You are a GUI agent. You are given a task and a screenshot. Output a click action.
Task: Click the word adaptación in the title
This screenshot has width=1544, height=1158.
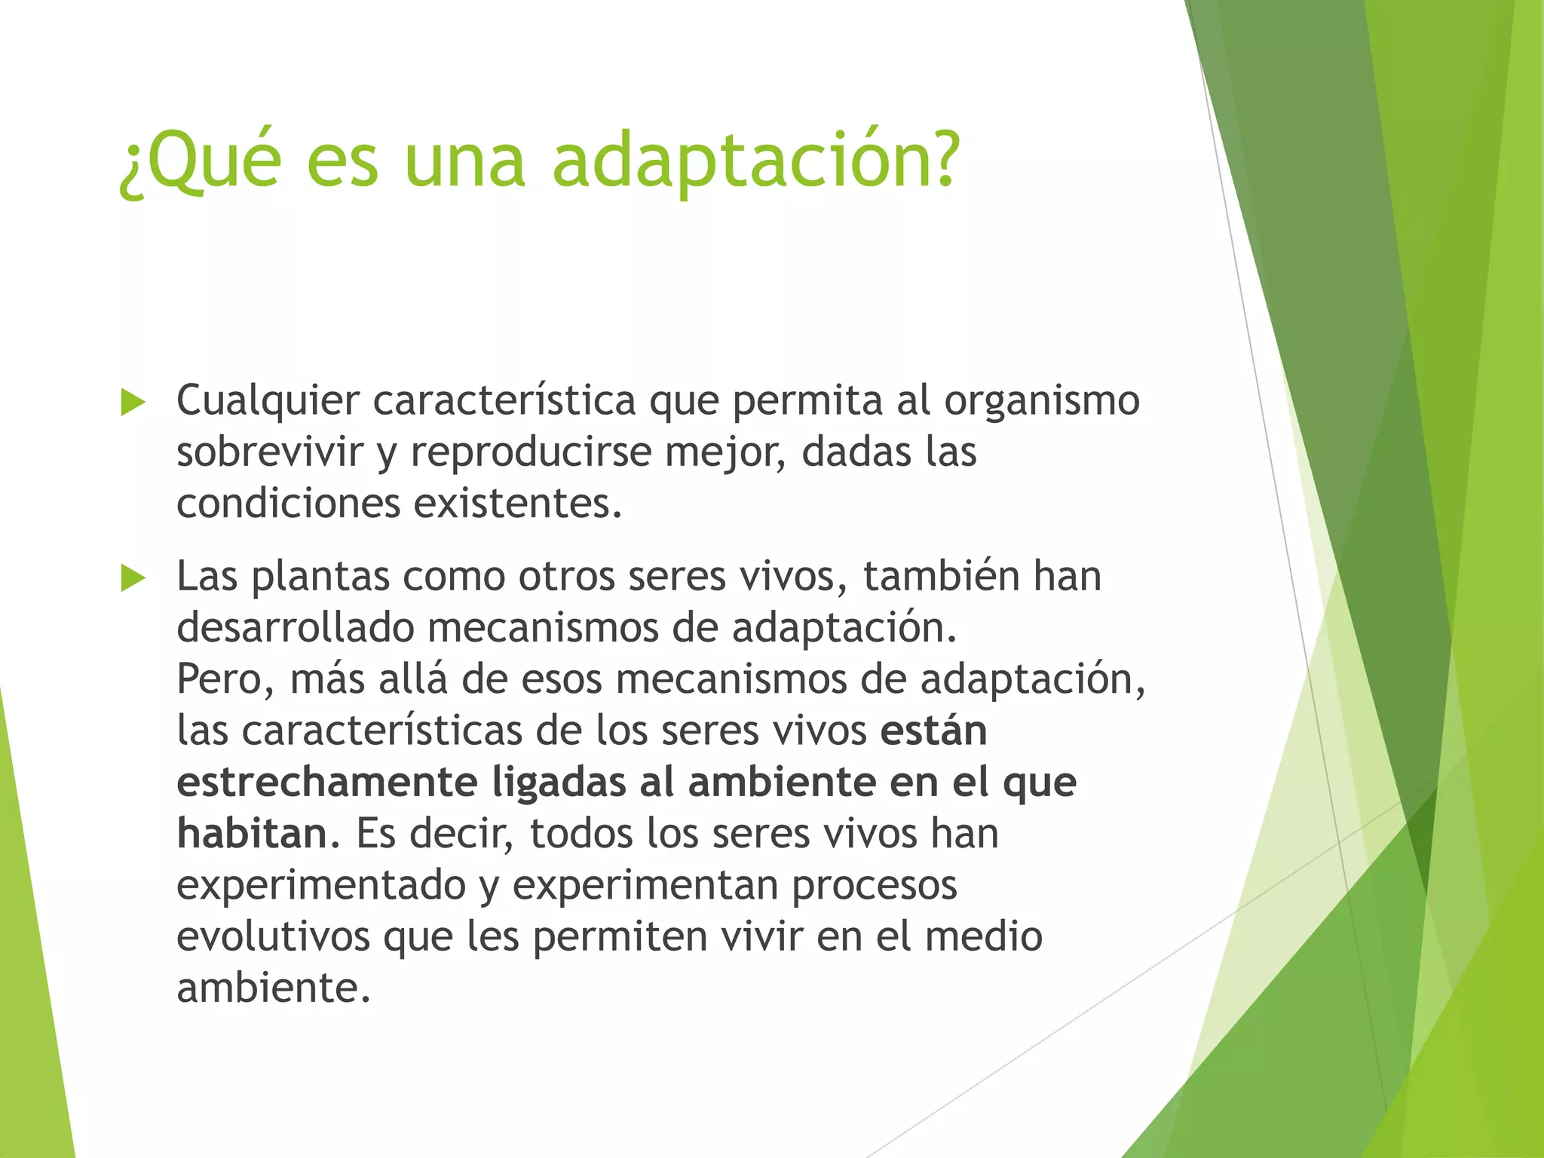pos(756,161)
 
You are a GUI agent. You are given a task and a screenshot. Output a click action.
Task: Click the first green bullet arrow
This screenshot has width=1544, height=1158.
pos(133,403)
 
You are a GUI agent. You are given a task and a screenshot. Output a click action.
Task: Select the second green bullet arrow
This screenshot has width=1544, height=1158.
pos(133,578)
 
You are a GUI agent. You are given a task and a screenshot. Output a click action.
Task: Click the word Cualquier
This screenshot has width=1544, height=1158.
pos(268,401)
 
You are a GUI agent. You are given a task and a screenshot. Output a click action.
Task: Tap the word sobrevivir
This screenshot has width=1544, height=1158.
pos(270,452)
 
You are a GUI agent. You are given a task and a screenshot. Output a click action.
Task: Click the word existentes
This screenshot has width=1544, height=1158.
pos(517,503)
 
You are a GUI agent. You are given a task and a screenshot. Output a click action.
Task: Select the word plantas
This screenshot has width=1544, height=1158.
pos(320,577)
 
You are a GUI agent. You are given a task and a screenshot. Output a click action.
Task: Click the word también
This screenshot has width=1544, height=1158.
pos(941,577)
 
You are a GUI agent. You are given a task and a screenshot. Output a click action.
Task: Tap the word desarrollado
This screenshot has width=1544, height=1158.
pos(296,628)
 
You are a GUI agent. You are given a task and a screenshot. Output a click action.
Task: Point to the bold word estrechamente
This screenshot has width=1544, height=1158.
pos(326,782)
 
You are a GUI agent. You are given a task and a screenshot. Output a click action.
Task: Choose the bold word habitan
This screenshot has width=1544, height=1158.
pos(252,834)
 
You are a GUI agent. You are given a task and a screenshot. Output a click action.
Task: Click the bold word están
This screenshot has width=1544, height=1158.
pos(933,731)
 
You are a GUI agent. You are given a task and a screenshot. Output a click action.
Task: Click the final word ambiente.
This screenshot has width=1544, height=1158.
pos(273,988)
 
